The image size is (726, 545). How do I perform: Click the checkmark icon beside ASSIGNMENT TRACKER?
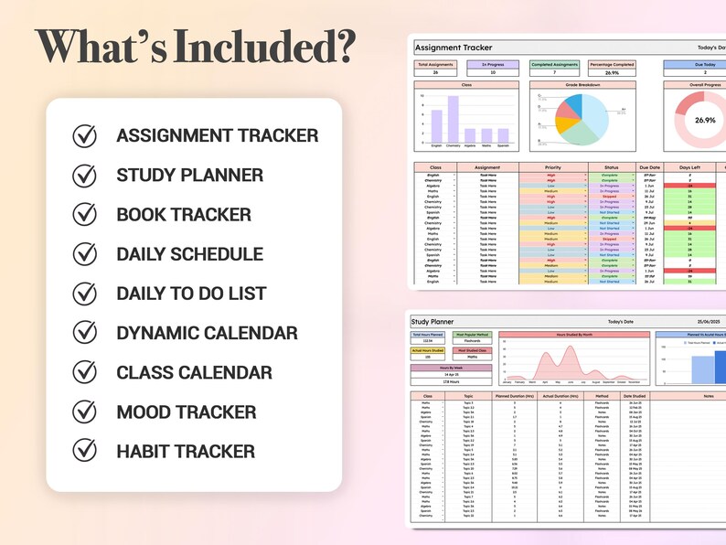coord(84,135)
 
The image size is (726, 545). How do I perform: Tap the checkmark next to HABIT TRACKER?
coord(84,451)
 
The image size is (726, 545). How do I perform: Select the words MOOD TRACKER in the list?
coord(186,412)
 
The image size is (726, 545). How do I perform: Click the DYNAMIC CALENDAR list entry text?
coord(207,334)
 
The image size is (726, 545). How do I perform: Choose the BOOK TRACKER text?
coord(183,215)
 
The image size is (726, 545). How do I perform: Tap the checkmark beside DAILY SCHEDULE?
coord(84,254)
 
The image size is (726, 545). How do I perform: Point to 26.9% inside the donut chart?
coord(705,120)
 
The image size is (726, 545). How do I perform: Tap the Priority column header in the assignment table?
coord(553,168)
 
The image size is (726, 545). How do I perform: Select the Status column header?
coord(610,168)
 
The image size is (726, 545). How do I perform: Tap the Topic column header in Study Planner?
coord(468,396)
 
